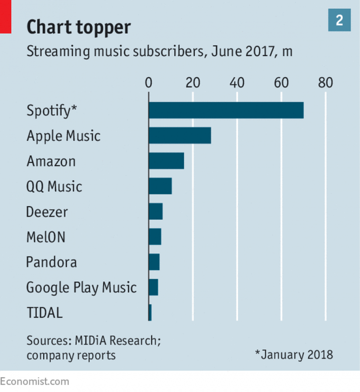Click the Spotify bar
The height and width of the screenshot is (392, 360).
(x=226, y=110)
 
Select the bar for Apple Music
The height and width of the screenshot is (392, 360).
(x=180, y=135)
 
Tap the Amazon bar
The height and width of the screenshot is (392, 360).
(x=166, y=161)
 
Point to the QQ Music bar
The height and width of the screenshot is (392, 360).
(x=160, y=186)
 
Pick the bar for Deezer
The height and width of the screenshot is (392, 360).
(x=155, y=211)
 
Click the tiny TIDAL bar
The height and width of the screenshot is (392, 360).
(x=150, y=312)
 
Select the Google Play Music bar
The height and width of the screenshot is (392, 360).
(x=153, y=287)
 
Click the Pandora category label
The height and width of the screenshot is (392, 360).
(x=51, y=262)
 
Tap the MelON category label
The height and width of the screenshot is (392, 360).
(x=46, y=237)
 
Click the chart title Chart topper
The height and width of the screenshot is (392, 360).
(x=79, y=28)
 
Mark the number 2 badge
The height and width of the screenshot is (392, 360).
(x=339, y=20)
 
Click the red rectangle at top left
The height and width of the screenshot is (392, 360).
(x=5, y=16)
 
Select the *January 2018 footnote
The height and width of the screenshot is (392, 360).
(x=294, y=354)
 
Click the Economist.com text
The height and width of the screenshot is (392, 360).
(x=35, y=382)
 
